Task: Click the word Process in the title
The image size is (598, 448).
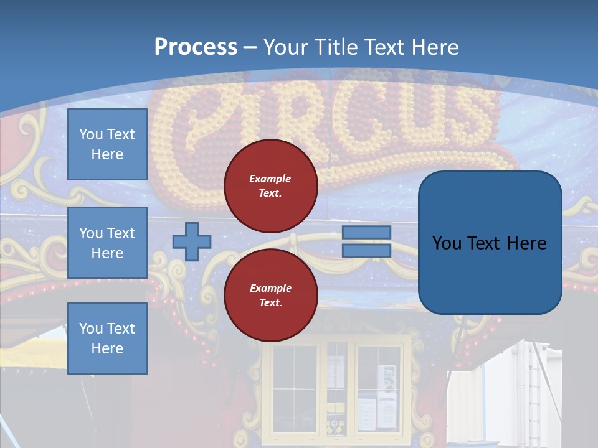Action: coord(196,47)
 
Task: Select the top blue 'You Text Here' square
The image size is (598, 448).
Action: coord(107,144)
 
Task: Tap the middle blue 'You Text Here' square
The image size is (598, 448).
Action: coord(107,243)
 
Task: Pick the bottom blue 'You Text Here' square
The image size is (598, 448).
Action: coord(107,338)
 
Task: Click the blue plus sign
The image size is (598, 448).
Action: coord(191,241)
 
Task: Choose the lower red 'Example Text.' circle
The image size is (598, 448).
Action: coord(270,296)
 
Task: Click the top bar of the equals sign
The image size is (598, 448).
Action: coord(366,232)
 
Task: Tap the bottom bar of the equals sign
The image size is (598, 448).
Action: coord(366,251)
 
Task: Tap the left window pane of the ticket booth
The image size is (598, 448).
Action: coord(295,386)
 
